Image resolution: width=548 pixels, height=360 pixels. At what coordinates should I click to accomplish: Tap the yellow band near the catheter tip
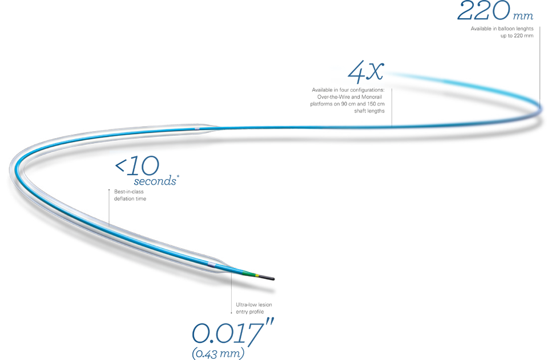pyautogui.click(x=257, y=275)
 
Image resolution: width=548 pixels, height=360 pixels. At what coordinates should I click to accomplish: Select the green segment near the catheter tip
pyautogui.click(x=249, y=273)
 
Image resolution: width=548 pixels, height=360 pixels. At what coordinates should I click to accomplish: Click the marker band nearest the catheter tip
pyautogui.click(x=211, y=264)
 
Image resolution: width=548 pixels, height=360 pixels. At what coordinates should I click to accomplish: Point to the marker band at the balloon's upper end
pyautogui.click(x=197, y=129)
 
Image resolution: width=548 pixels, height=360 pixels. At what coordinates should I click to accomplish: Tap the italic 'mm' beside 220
pyautogui.click(x=523, y=16)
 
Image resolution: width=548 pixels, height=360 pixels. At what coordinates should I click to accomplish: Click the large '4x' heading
pyautogui.click(x=366, y=71)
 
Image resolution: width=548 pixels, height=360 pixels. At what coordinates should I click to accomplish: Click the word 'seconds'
pyautogui.click(x=155, y=181)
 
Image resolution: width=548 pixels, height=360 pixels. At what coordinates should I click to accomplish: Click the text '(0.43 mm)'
pyautogui.click(x=218, y=353)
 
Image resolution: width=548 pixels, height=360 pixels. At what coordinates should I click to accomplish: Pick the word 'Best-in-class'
pyautogui.click(x=129, y=192)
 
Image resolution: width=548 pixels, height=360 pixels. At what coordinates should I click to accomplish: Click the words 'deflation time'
pyautogui.click(x=130, y=199)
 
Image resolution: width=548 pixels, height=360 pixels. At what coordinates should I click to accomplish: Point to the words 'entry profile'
pyautogui.click(x=250, y=312)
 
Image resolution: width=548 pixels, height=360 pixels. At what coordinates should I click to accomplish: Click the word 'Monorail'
pyautogui.click(x=372, y=97)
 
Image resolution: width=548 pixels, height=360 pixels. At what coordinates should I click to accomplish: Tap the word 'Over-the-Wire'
pyautogui.click(x=336, y=97)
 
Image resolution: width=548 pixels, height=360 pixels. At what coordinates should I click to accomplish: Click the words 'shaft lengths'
pyautogui.click(x=369, y=111)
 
